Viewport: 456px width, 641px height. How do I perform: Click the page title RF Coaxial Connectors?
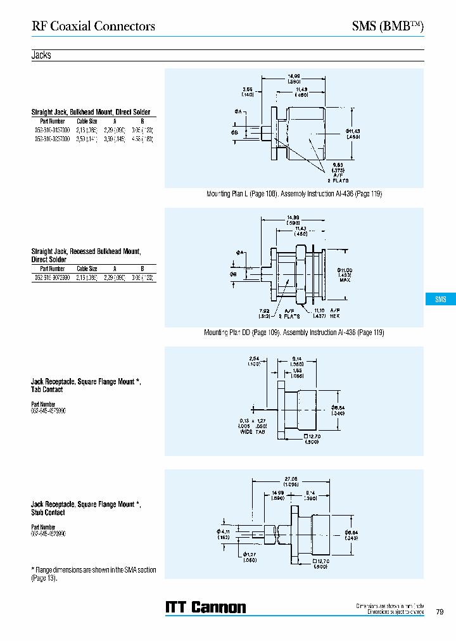[93, 26]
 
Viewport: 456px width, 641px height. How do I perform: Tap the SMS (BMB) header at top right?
[387, 26]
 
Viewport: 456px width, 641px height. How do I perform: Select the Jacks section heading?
[41, 55]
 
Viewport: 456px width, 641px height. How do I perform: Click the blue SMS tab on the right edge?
[440, 300]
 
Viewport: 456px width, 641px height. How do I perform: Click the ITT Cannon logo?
[205, 607]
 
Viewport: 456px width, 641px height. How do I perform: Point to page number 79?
[440, 612]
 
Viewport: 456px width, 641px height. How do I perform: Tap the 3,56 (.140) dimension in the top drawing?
[248, 92]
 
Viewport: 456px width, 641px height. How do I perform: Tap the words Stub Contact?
[48, 512]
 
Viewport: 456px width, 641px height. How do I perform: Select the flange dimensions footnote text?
[94, 574]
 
